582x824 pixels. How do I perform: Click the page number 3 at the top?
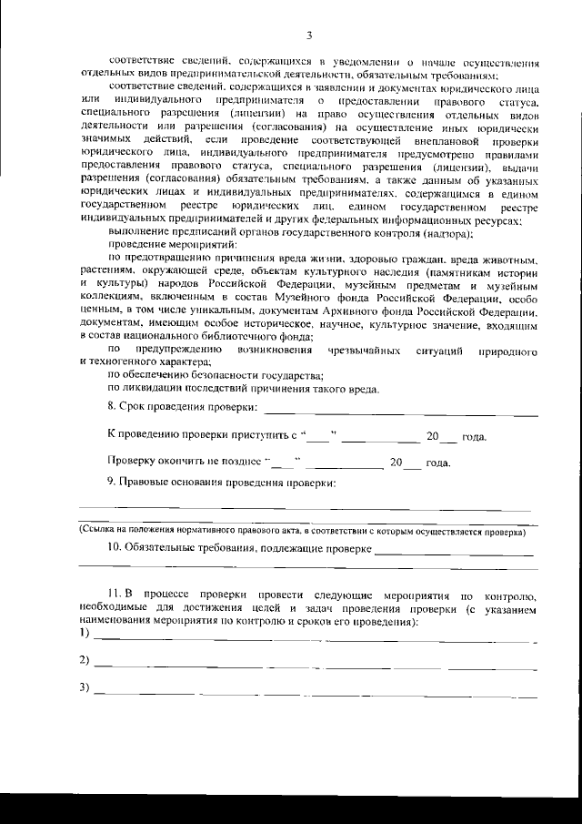(309, 36)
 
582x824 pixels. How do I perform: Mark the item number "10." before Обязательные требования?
(115, 548)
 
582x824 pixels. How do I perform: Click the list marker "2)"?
(84, 659)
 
